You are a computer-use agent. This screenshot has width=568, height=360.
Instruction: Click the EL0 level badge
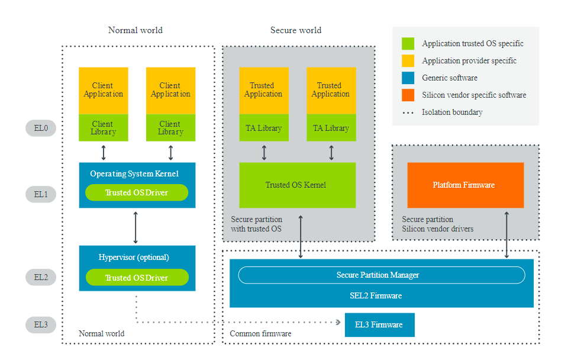tap(41, 128)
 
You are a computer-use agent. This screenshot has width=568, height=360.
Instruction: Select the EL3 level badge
tap(41, 324)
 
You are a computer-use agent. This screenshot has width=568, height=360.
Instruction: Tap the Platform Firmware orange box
tap(466, 185)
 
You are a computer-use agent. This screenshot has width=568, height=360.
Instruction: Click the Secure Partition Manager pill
tap(381, 275)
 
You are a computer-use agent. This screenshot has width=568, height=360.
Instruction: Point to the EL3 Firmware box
tap(379, 324)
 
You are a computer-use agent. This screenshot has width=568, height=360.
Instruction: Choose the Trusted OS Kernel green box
tap(297, 185)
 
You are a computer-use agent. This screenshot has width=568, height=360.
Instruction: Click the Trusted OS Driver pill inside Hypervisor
tap(137, 278)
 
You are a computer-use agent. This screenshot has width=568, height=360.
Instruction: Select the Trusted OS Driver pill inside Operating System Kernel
tap(137, 192)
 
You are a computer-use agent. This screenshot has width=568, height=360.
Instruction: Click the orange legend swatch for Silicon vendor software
tap(408, 95)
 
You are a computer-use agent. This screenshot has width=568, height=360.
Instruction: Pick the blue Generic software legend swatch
tap(408, 78)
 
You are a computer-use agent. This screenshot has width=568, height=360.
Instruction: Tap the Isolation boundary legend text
tap(452, 112)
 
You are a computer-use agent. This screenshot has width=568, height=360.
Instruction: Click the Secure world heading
tap(296, 30)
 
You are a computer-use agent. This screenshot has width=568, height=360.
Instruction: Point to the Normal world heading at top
tap(135, 30)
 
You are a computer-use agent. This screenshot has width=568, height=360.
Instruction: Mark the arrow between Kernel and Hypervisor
tap(135, 227)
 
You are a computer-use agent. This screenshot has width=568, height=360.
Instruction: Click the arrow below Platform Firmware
tap(506, 233)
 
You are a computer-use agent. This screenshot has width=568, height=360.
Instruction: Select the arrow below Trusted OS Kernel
tap(301, 237)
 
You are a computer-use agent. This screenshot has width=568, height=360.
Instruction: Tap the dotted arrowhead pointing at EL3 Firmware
tap(338, 323)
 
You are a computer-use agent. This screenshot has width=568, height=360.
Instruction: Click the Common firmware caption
tap(260, 334)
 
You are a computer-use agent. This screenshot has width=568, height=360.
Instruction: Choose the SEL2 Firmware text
tap(381, 295)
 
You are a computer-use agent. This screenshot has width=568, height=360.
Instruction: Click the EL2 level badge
tap(41, 277)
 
